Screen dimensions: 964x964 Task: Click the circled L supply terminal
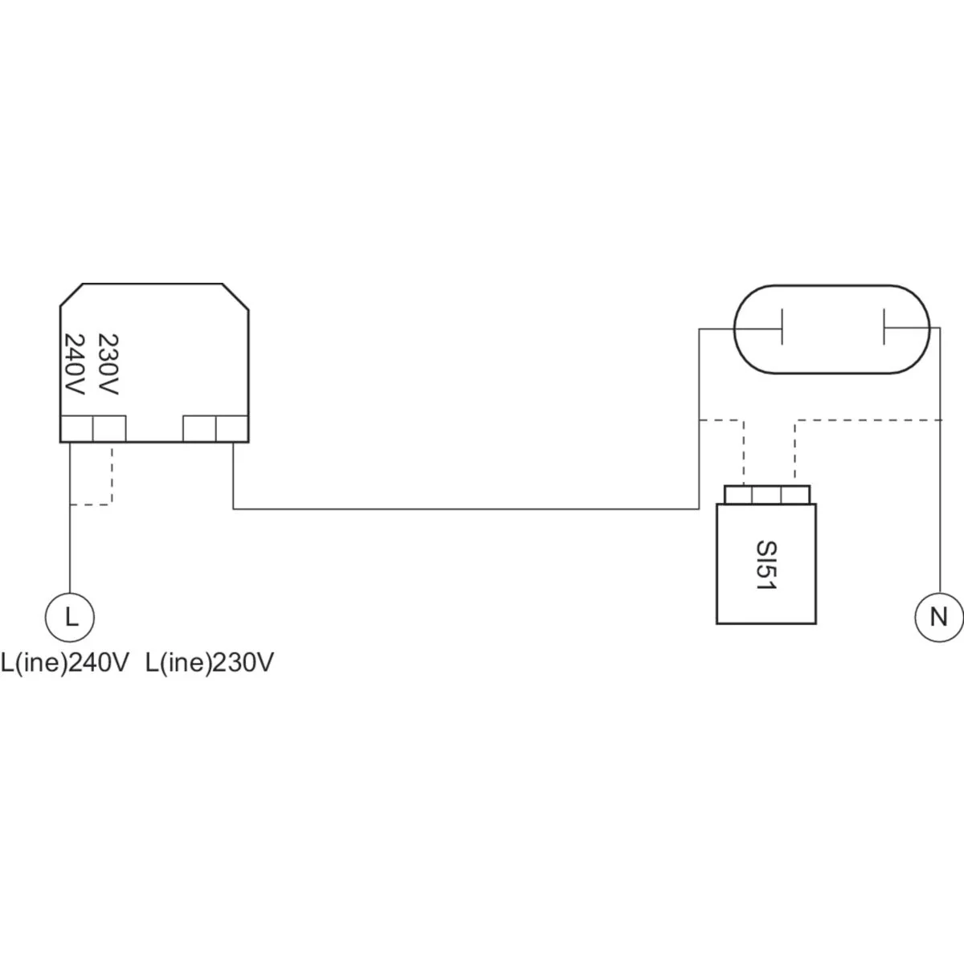pyautogui.click(x=70, y=617)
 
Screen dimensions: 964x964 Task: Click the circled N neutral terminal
pyautogui.click(x=937, y=617)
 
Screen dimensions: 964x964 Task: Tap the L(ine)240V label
pyautogui.click(x=65, y=664)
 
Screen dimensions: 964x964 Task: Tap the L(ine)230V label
pyautogui.click(x=210, y=664)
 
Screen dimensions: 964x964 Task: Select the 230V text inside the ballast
pyautogui.click(x=108, y=364)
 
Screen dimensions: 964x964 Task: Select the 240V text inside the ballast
pyautogui.click(x=74, y=364)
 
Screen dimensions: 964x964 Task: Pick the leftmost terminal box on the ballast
pyautogui.click(x=77, y=428)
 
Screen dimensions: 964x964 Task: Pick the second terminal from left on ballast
pyautogui.click(x=109, y=428)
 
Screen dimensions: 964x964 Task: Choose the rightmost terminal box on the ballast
pyautogui.click(x=231, y=428)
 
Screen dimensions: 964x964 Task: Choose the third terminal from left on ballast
pyautogui.click(x=200, y=428)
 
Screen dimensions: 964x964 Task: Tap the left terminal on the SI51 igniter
pyautogui.click(x=737, y=494)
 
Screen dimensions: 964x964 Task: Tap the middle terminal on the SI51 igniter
pyautogui.click(x=766, y=494)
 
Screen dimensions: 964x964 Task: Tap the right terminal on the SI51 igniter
pyautogui.click(x=795, y=494)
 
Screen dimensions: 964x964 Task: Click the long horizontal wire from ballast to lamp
pyautogui.click(x=466, y=509)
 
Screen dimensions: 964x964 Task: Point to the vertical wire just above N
pyautogui.click(x=938, y=522)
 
